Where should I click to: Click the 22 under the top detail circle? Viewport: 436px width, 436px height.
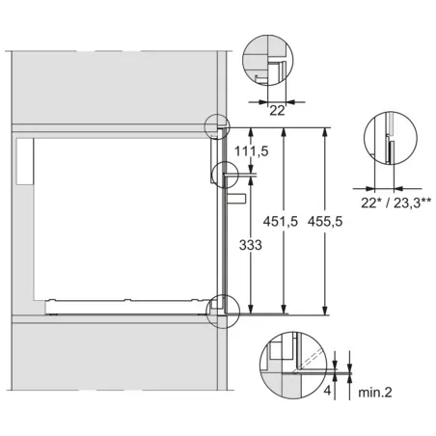(277, 111)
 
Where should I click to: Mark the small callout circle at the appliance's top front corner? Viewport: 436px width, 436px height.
(218, 126)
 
